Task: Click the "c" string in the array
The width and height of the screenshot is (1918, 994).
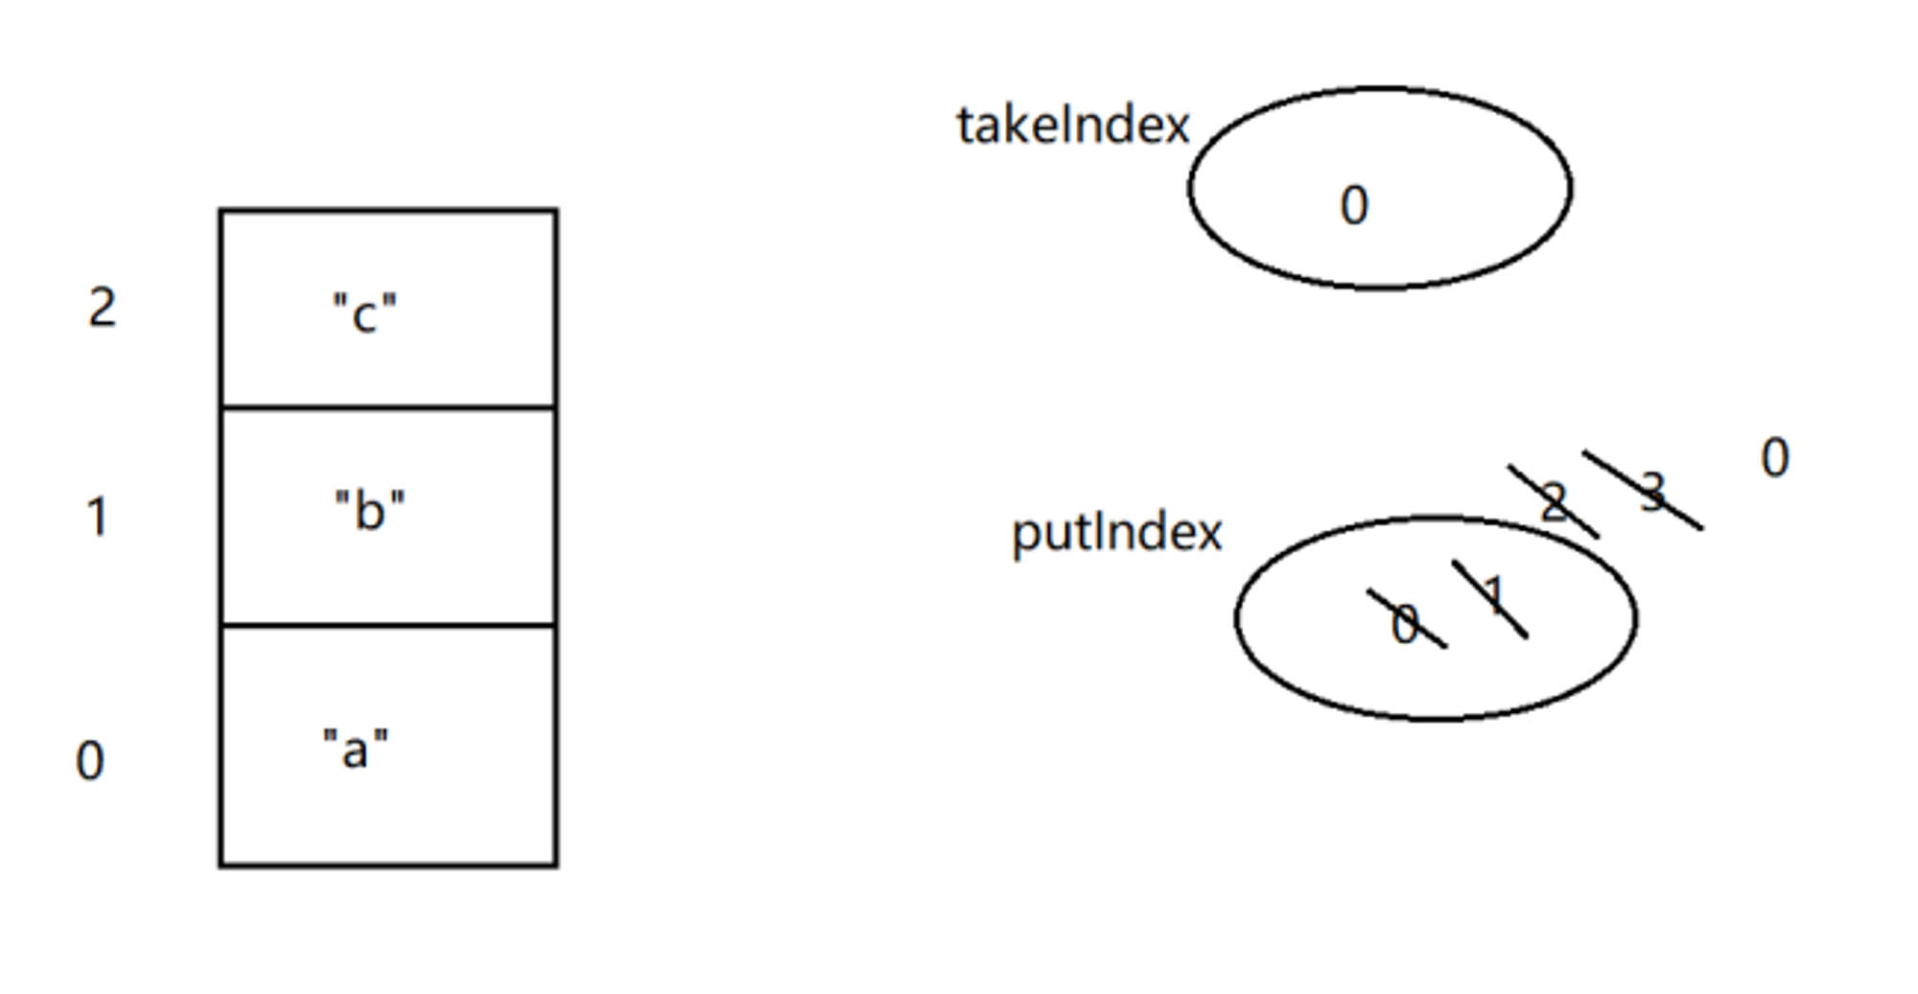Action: pyautogui.click(x=364, y=312)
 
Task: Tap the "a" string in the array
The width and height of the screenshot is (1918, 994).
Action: pyautogui.click(x=356, y=749)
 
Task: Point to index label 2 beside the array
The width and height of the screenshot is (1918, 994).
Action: pyautogui.click(x=103, y=308)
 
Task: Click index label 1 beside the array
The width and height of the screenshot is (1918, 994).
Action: pyautogui.click(x=97, y=517)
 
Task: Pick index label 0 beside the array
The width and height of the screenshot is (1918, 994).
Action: pyautogui.click(x=90, y=761)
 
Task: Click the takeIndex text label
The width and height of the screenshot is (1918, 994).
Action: pyautogui.click(x=1072, y=126)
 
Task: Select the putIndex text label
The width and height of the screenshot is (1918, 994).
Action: pyautogui.click(x=1117, y=533)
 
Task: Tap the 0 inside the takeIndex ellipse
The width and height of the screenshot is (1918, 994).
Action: pyautogui.click(x=1354, y=205)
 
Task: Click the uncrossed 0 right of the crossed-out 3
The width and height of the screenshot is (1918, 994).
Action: pyautogui.click(x=1775, y=457)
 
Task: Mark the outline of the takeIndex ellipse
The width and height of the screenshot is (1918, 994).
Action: pyautogui.click(x=1380, y=89)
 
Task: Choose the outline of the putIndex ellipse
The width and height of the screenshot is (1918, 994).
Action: pyautogui.click(x=1436, y=519)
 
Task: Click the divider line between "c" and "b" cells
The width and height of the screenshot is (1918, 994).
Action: pyautogui.click(x=388, y=407)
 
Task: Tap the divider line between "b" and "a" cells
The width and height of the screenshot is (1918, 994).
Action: pyautogui.click(x=388, y=625)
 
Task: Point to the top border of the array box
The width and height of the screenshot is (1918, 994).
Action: pyautogui.click(x=388, y=210)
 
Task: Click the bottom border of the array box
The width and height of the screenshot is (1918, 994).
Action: pyautogui.click(x=388, y=866)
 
